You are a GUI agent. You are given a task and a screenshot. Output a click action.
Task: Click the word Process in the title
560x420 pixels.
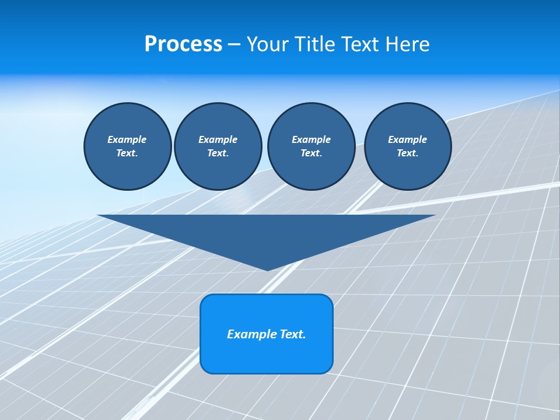coord(183,44)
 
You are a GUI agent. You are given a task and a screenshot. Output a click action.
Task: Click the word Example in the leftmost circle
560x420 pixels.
coord(127,139)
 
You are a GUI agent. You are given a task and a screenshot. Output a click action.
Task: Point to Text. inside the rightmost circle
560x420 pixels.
coord(407,153)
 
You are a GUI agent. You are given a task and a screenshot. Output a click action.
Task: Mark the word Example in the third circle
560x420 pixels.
coord(311,139)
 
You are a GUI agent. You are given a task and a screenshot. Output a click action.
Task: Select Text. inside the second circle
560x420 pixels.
coord(218,153)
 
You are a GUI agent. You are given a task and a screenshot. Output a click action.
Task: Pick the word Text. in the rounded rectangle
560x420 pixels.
coord(292,334)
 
